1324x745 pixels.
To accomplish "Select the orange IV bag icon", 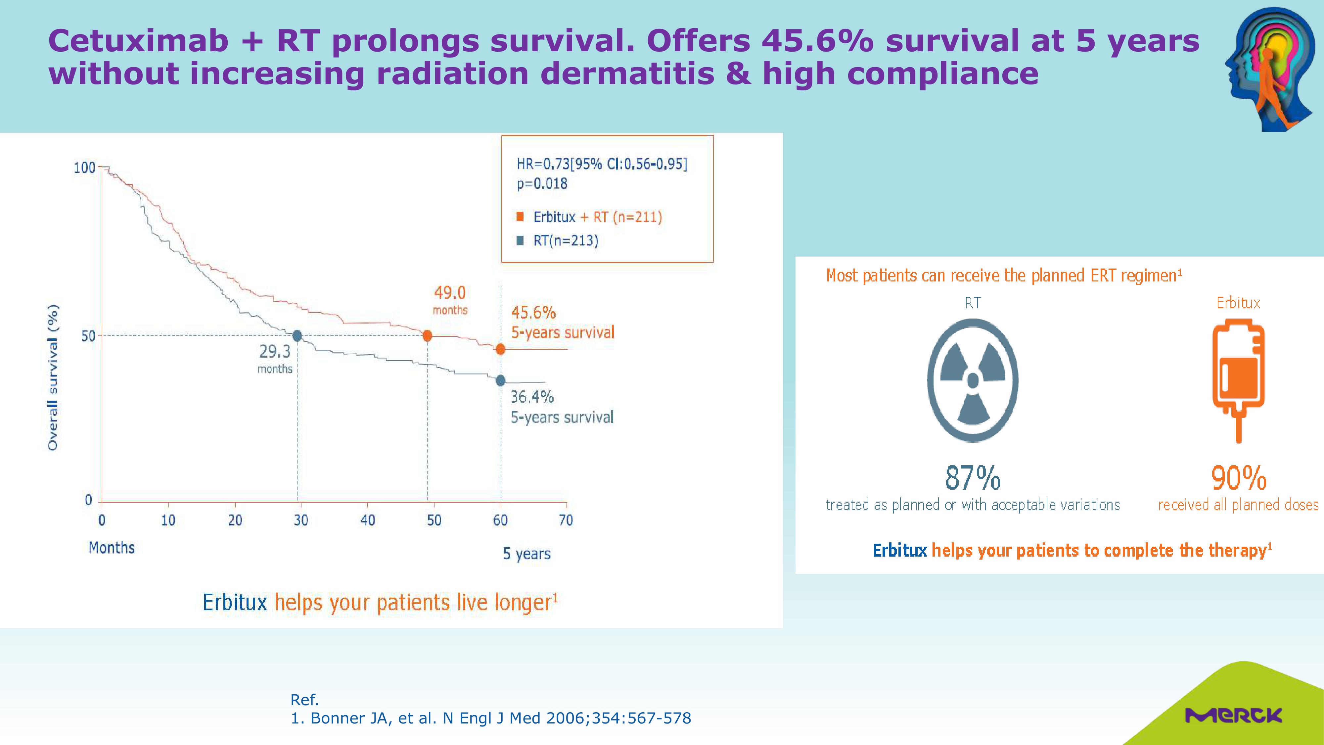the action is point(1238,380).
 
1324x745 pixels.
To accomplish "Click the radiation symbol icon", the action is point(973,380).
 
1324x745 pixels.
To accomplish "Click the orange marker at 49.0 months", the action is point(427,336).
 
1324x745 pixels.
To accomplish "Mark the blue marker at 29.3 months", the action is point(297,336).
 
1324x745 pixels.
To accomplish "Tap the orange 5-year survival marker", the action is point(500,349).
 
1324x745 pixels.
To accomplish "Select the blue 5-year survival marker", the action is point(500,380).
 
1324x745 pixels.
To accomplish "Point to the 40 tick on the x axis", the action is point(368,520).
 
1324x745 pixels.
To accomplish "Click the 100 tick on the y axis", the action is point(85,168).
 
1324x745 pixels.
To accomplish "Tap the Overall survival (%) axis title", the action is point(52,377).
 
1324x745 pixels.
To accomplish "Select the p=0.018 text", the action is point(542,183).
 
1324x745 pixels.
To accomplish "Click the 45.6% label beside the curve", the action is point(533,312).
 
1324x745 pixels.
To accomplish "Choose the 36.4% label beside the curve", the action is point(532,397).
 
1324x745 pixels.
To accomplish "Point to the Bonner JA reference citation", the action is point(491,718).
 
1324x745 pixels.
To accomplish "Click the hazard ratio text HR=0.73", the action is point(543,164).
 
